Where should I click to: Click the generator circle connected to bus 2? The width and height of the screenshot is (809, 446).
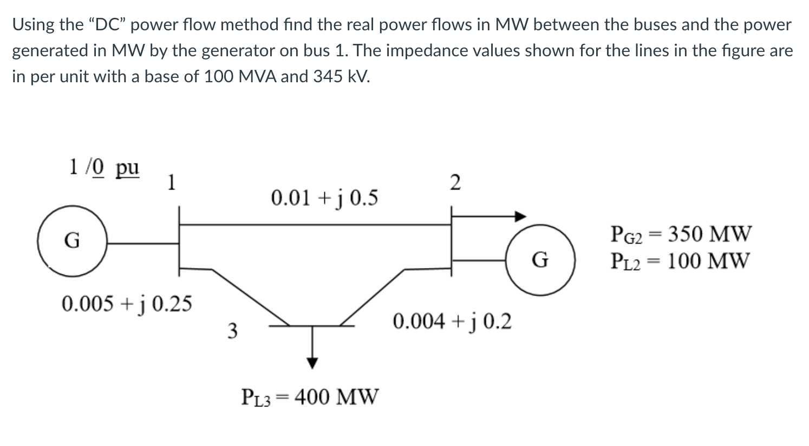(x=540, y=260)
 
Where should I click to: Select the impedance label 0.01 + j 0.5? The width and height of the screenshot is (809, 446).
(x=324, y=198)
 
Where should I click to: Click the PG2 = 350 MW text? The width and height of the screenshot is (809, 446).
(x=681, y=234)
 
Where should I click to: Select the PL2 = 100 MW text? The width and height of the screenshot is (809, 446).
(x=681, y=261)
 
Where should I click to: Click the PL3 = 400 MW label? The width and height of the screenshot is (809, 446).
(x=310, y=397)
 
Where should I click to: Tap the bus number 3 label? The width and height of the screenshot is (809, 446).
(x=232, y=330)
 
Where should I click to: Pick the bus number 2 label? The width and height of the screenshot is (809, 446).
(x=455, y=183)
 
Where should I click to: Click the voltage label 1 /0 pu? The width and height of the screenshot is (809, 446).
(x=104, y=167)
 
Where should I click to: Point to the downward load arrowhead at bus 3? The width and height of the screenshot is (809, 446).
(x=312, y=363)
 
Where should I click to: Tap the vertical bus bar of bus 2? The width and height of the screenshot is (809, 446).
(x=452, y=244)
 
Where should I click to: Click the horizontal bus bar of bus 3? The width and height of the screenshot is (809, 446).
(x=312, y=326)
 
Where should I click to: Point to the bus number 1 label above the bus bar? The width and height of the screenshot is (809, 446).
(x=171, y=182)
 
